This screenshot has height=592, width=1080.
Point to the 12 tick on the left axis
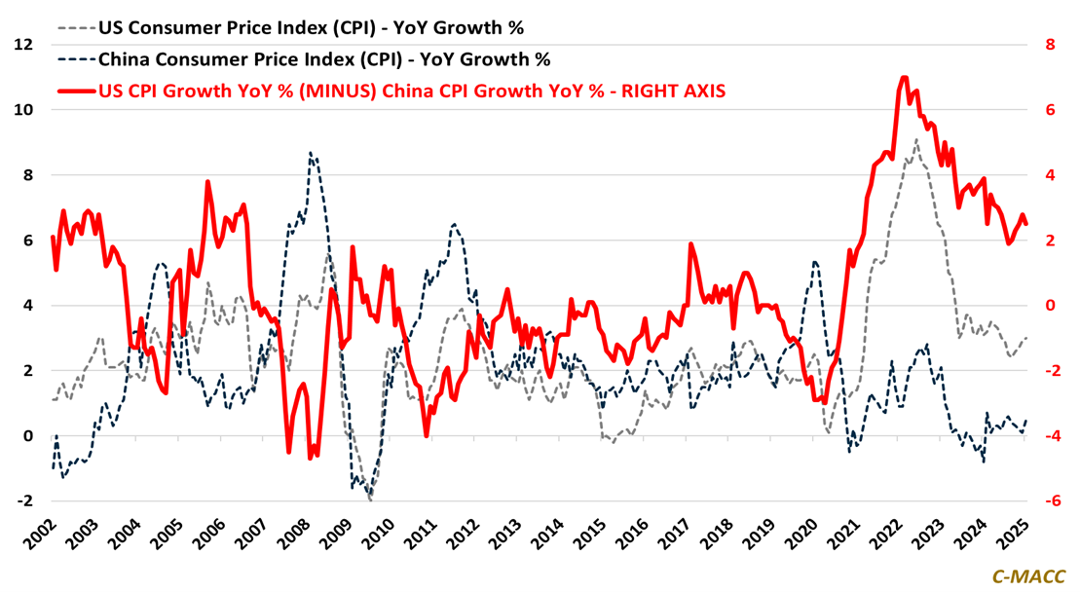pyautogui.click(x=24, y=45)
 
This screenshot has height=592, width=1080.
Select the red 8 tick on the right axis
pyautogui.click(x=1049, y=45)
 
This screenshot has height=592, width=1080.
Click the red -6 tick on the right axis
pyautogui.click(x=1049, y=500)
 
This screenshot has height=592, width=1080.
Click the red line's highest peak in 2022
pyautogui.click(x=904, y=78)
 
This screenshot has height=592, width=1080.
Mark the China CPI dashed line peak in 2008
pyautogui.click(x=310, y=153)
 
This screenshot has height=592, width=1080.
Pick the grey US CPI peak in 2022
pyautogui.click(x=915, y=140)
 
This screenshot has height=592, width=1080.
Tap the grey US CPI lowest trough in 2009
pyautogui.click(x=370, y=499)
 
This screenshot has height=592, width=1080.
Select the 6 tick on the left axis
pyautogui.click(x=24, y=240)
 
